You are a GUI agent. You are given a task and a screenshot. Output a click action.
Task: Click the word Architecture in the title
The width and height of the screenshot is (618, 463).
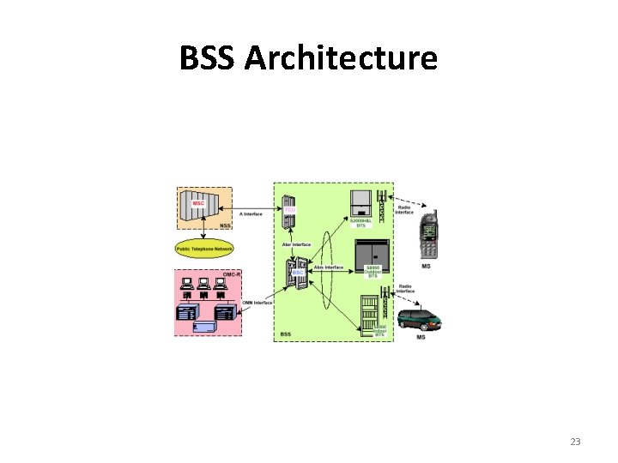(x=341, y=59)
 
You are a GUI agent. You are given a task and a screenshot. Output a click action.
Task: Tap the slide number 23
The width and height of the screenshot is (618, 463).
(x=575, y=442)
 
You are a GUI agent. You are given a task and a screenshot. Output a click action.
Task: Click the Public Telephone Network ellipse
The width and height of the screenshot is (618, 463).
(x=204, y=249)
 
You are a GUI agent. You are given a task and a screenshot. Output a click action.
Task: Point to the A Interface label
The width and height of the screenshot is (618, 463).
(x=251, y=213)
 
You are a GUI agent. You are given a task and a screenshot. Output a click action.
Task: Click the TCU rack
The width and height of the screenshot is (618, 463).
(x=289, y=212)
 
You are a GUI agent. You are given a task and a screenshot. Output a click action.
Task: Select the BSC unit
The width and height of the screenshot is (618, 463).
(x=295, y=274)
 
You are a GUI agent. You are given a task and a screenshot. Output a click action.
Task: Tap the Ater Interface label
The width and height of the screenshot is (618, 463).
(x=296, y=244)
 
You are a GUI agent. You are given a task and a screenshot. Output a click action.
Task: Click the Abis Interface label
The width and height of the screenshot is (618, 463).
(x=328, y=268)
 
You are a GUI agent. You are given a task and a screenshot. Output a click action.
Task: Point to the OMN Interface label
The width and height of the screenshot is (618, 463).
(x=257, y=302)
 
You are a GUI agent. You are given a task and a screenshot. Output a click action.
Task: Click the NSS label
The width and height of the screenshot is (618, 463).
(x=225, y=225)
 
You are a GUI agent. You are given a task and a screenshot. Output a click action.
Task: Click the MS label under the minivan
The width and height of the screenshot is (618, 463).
(x=421, y=337)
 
